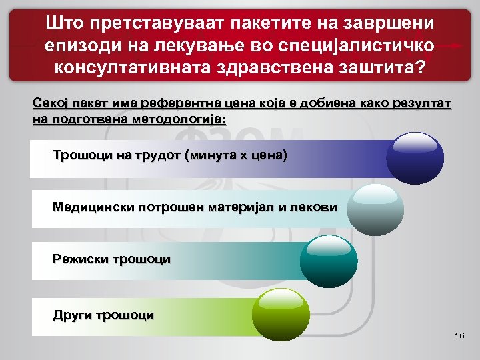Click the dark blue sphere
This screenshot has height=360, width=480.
415,158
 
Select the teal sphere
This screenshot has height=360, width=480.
329,260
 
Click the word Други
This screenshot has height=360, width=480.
72,315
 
